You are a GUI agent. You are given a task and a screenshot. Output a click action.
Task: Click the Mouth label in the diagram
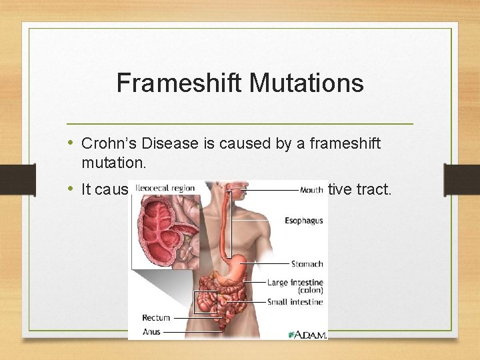pos(311,189)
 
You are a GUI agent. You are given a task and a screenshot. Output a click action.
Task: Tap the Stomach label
pos(307,264)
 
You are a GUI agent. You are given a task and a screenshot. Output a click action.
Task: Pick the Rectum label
pos(156,317)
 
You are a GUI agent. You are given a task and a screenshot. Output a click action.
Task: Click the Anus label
pos(152,331)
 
